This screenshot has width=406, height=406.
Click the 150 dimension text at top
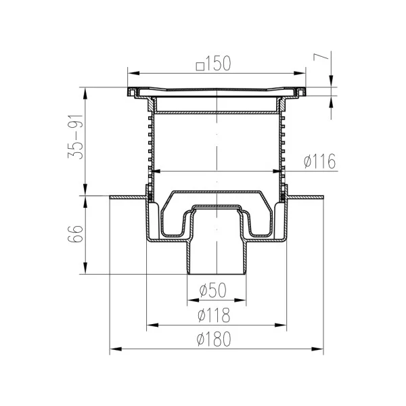click(219, 64)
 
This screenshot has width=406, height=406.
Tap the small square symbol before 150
click(200, 66)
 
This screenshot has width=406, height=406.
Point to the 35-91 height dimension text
click(75, 137)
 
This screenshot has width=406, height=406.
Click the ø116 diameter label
click(319, 161)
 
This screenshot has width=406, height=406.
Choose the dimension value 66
click(75, 234)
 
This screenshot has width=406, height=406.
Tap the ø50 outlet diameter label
click(213, 290)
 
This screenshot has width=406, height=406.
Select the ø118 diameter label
click(214, 315)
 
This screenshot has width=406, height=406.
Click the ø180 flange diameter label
click(214, 339)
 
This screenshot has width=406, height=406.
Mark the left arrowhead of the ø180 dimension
click(116, 349)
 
